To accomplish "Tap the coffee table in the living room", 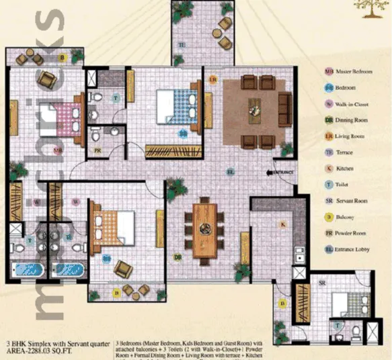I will click(x=256, y=106).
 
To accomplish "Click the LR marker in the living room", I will click(x=212, y=79).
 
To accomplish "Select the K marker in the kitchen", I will click(x=283, y=224).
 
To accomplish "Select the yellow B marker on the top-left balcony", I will click(x=62, y=58).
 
